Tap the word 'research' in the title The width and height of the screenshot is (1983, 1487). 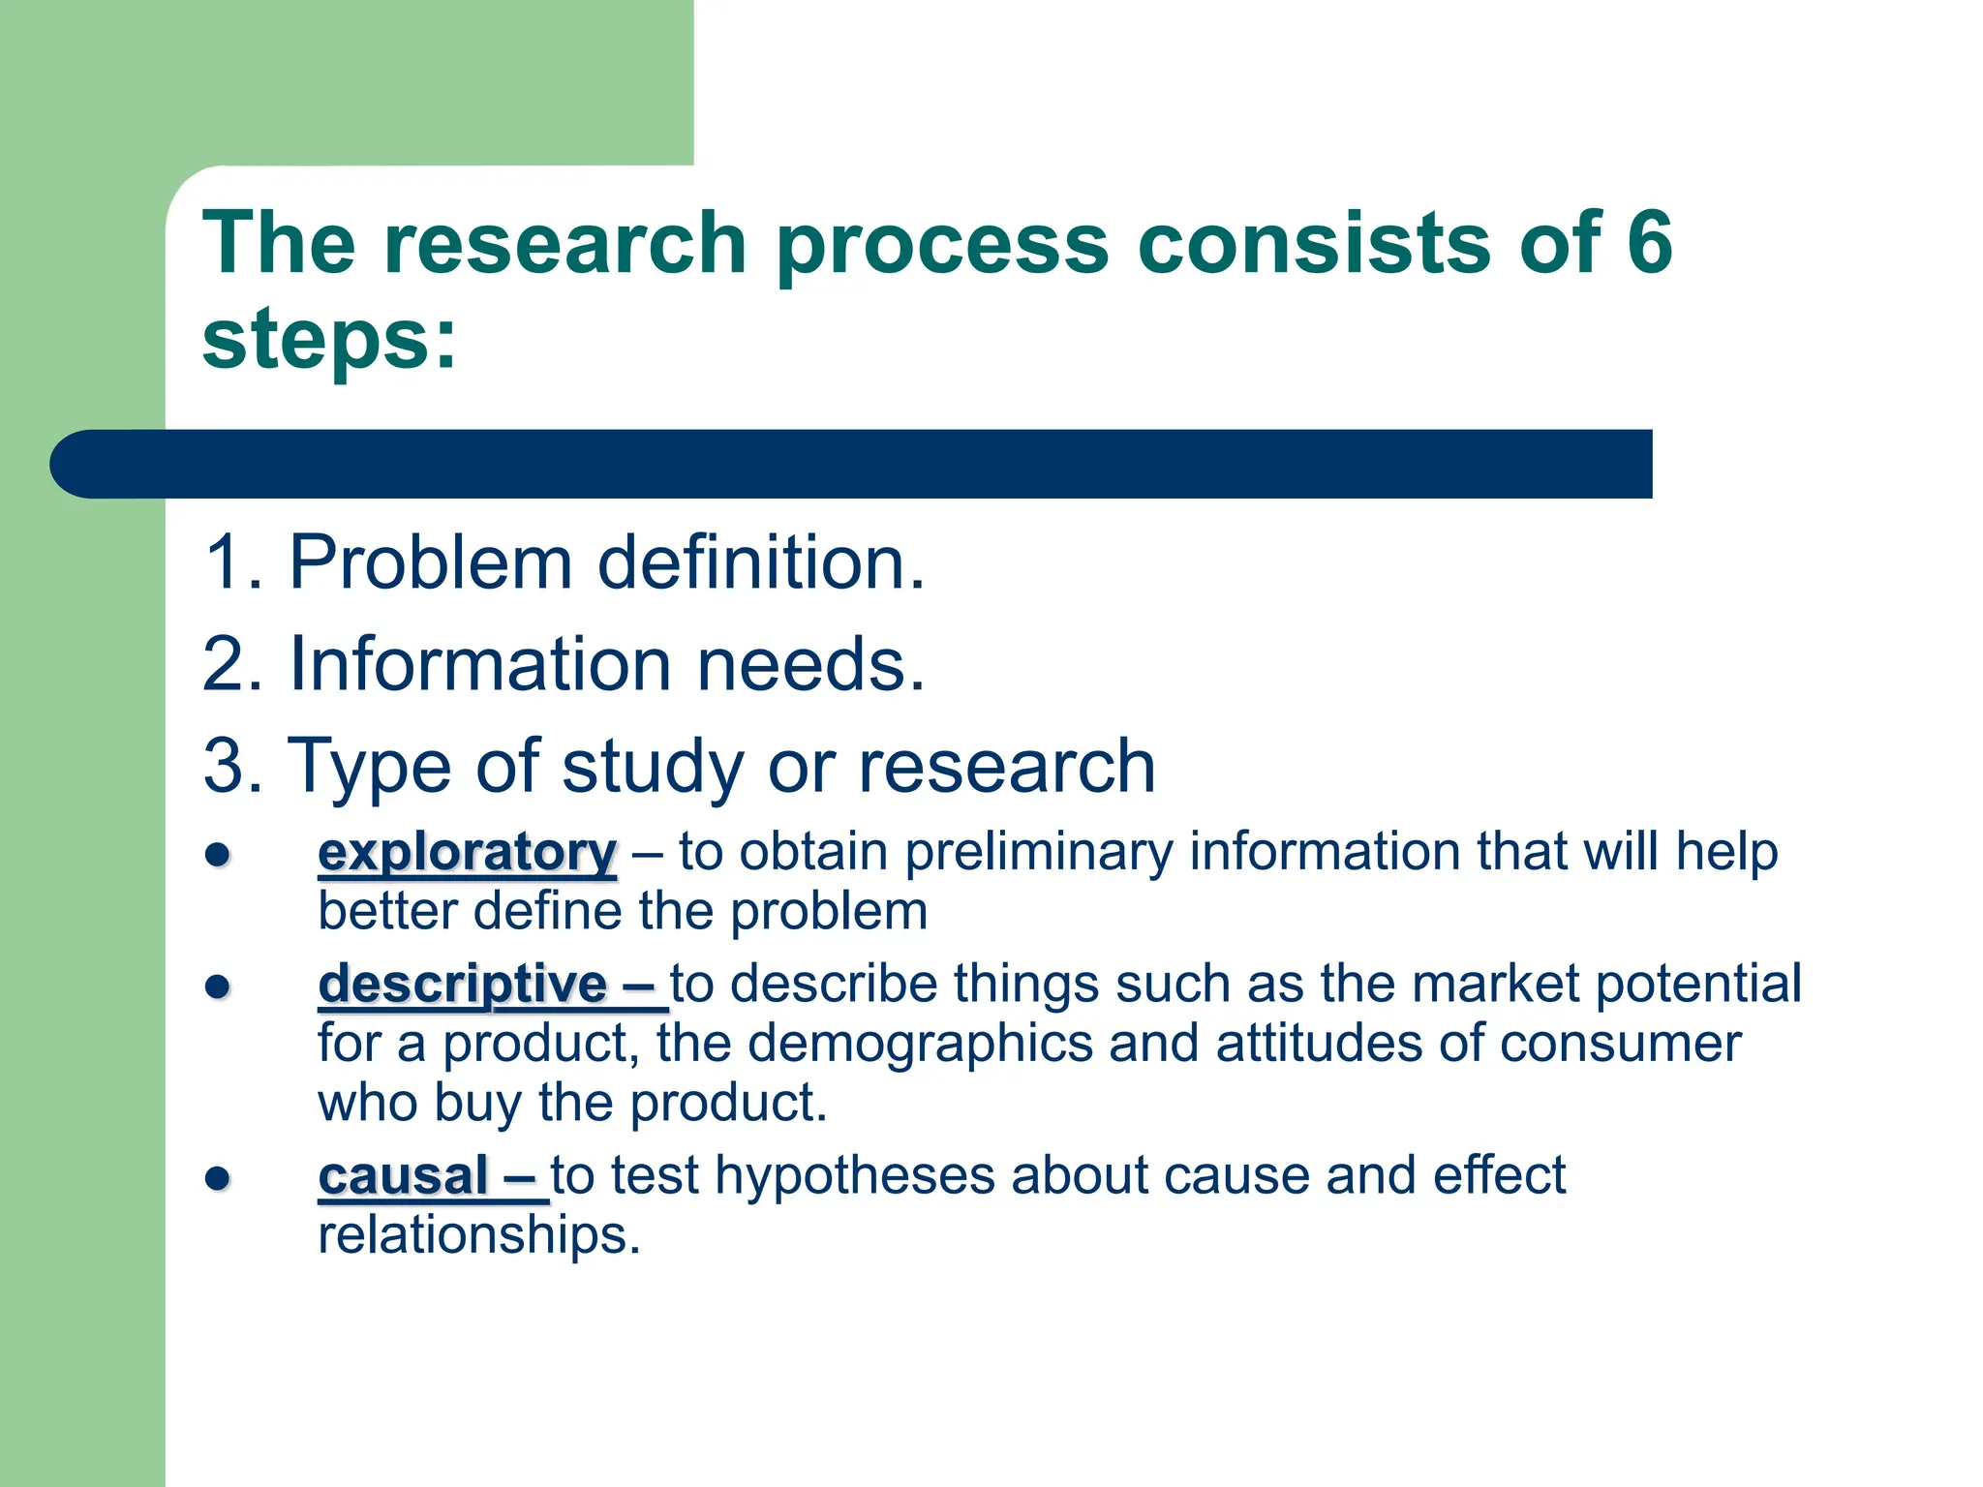[x=565, y=242]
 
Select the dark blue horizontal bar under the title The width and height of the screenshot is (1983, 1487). [x=852, y=464]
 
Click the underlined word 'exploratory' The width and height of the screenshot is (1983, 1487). [x=467, y=853]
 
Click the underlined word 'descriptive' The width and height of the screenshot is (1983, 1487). [x=463, y=985]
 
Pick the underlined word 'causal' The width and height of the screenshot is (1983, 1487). [x=403, y=1176]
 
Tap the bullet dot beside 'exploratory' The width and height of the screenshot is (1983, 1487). [x=218, y=855]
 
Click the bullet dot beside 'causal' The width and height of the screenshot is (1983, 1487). [x=218, y=1178]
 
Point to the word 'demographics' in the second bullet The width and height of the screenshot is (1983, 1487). [x=921, y=1045]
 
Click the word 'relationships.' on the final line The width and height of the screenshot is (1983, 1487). [x=479, y=1235]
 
